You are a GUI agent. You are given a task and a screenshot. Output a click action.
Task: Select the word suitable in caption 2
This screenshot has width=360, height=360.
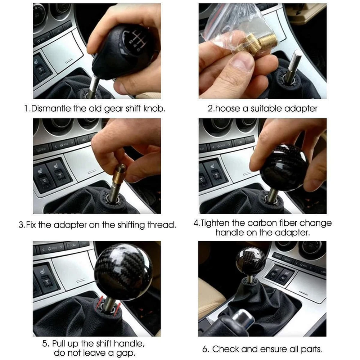(265, 108)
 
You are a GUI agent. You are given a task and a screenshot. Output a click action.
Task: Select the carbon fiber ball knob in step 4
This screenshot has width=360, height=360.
(284, 168)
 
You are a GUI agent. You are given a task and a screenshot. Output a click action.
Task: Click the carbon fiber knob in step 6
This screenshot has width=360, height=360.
(251, 260)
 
